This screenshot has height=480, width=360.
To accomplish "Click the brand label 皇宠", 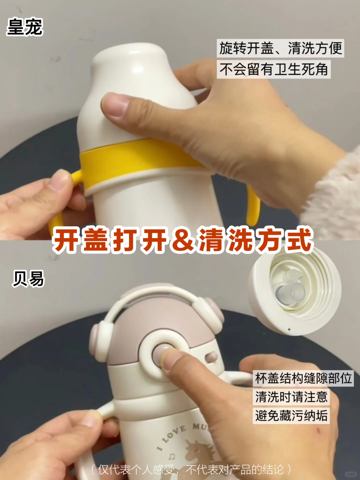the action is (x=24, y=27).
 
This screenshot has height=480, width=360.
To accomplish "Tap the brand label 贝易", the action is (x=28, y=278).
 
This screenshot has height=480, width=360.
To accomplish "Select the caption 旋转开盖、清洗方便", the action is (x=280, y=48).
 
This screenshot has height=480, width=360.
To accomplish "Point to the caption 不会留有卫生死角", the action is (x=274, y=69).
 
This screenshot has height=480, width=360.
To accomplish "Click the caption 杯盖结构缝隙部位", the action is (x=303, y=378).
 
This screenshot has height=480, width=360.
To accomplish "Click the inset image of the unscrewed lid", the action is (x=295, y=290).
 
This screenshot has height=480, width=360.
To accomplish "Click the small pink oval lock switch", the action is (x=211, y=357).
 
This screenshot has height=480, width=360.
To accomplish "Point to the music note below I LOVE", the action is (x=172, y=457).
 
